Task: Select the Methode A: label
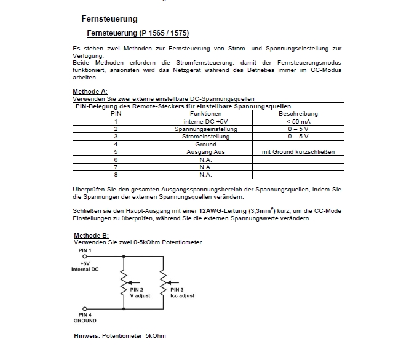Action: [x=90, y=91]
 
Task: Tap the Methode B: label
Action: [x=91, y=236]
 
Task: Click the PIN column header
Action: [x=116, y=114]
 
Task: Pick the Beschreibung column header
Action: [x=298, y=114]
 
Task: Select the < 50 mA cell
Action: [x=298, y=122]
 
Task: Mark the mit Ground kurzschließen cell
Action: [x=298, y=151]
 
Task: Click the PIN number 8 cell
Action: [x=116, y=174]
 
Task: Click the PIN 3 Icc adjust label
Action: [x=182, y=292]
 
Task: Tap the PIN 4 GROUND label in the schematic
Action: [x=85, y=318]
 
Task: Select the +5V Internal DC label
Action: [x=85, y=266]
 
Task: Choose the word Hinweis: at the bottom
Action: [x=87, y=335]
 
